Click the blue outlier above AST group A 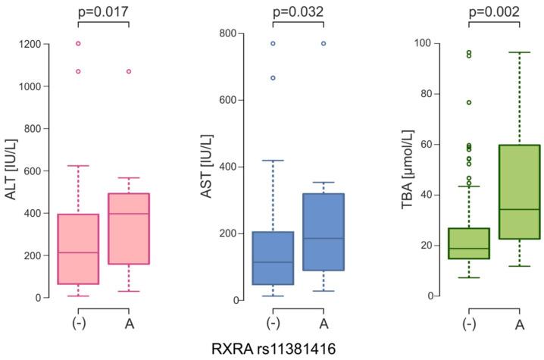click(324, 43)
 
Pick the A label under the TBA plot click(519, 324)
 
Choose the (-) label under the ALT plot click(78, 324)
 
